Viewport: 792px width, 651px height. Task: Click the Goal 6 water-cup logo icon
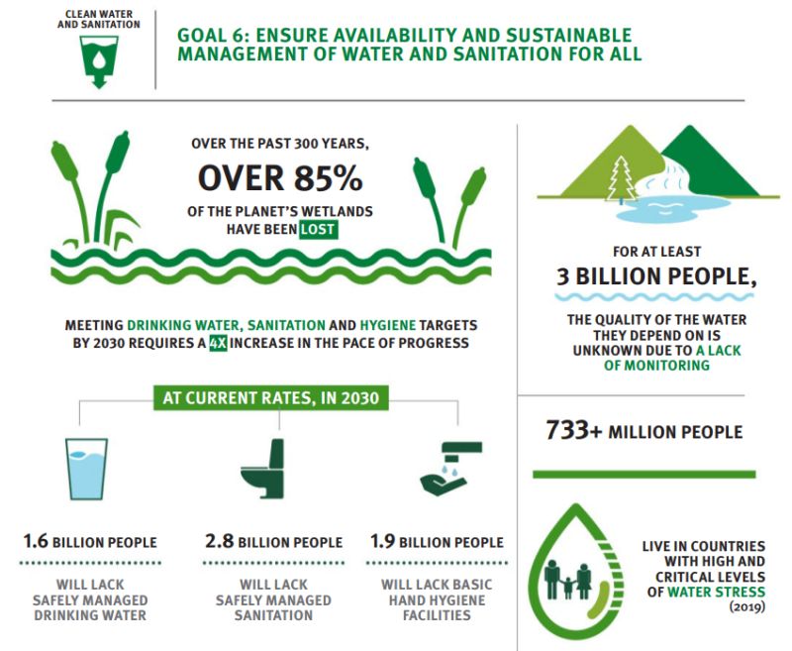[x=99, y=61]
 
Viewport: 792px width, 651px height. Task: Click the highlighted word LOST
[x=318, y=230]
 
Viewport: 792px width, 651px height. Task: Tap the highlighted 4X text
[x=218, y=343]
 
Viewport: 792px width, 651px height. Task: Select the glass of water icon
[x=86, y=469]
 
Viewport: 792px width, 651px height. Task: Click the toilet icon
[x=262, y=469]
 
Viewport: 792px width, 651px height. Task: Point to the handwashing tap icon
[x=451, y=469]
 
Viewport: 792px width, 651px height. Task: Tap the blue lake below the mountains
[x=673, y=209]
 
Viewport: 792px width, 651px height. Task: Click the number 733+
[x=574, y=431]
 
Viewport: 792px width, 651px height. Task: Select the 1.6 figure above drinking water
[x=36, y=541]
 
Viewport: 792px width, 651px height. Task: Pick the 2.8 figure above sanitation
[x=219, y=541]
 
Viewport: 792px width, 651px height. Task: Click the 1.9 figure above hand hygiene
[x=382, y=541]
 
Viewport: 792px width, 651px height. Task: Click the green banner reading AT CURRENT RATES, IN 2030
[x=270, y=397]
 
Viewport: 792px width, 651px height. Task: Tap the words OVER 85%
[x=280, y=178]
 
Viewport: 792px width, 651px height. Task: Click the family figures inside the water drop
[x=568, y=580]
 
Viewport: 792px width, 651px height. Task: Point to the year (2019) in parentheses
[x=747, y=606]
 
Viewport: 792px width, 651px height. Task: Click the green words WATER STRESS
[x=716, y=592]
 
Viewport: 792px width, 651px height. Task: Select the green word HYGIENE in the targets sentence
[x=388, y=325]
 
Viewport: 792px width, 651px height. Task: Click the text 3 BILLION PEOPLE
[x=656, y=276]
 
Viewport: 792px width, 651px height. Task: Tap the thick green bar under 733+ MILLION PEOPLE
[x=644, y=474]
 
